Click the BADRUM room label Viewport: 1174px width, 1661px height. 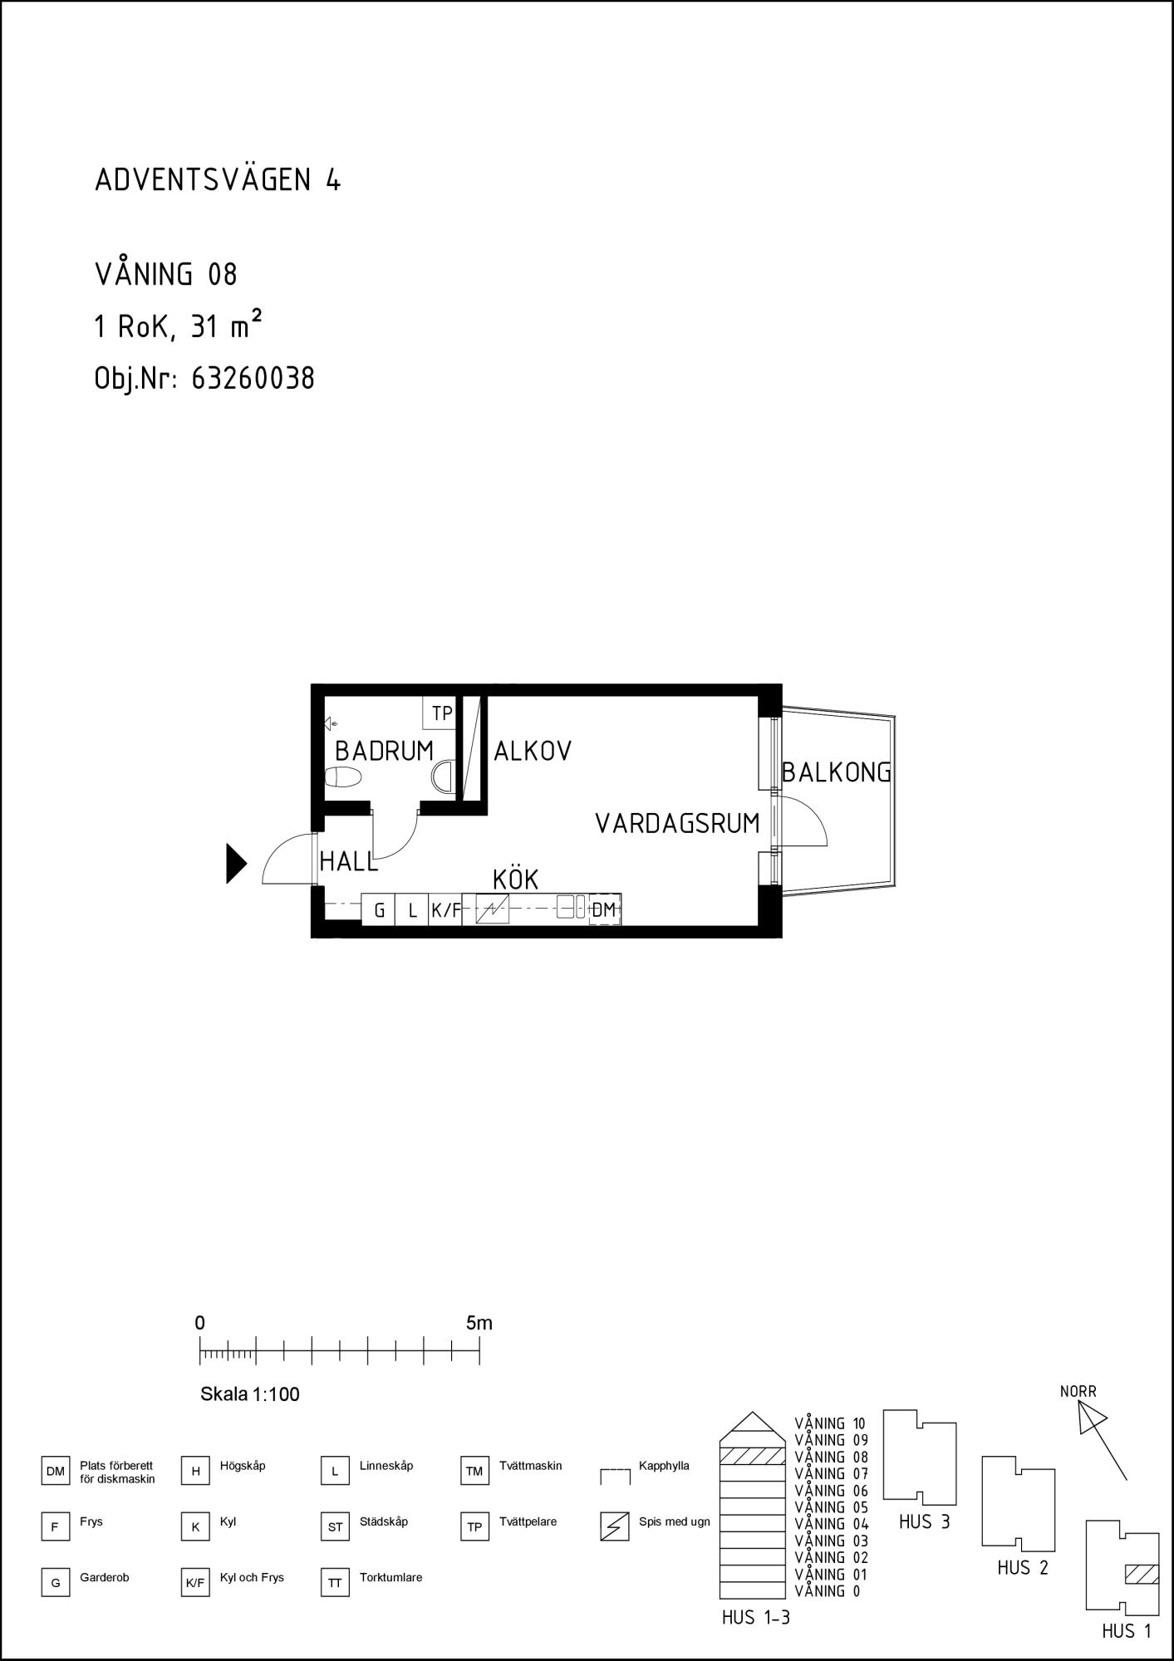click(384, 751)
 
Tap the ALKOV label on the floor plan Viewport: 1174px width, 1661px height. click(533, 751)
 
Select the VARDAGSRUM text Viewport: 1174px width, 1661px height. click(677, 823)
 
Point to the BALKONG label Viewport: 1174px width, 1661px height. click(837, 772)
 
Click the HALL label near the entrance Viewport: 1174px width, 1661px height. click(349, 861)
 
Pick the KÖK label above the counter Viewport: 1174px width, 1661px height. click(515, 879)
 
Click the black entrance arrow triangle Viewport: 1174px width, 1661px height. click(237, 863)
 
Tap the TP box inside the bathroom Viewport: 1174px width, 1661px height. click(440, 713)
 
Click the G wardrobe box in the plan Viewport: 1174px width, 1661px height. click(379, 909)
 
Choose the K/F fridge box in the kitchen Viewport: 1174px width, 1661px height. click(445, 909)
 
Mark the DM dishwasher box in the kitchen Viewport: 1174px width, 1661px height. click(604, 909)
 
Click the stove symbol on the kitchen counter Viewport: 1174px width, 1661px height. click(492, 910)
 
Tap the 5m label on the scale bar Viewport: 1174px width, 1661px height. click(479, 1323)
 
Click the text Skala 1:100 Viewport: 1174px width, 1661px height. click(250, 1394)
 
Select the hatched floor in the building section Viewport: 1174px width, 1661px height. click(752, 1456)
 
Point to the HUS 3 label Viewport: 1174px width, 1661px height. click(924, 1522)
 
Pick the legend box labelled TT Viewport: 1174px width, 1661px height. click(335, 1583)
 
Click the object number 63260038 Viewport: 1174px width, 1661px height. click(253, 379)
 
